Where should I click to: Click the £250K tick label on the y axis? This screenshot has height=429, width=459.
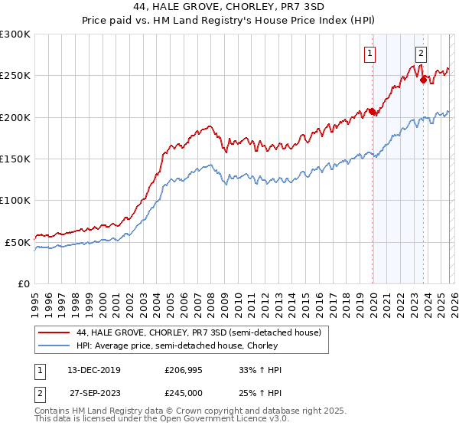[x=15, y=76]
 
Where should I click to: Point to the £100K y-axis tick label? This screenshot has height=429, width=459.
[x=15, y=200]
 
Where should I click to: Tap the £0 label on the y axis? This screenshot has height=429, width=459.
[x=23, y=283]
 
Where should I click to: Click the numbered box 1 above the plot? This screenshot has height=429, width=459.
[x=370, y=53]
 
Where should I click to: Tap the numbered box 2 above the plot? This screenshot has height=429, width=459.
[x=421, y=53]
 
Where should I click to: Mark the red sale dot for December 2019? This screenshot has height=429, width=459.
[x=373, y=112]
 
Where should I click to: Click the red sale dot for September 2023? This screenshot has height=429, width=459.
[x=423, y=80]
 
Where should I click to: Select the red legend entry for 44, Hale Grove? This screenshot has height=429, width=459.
[x=203, y=332]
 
